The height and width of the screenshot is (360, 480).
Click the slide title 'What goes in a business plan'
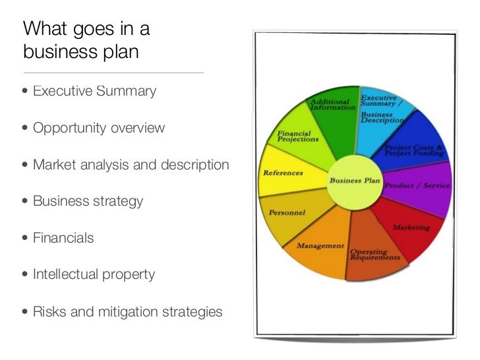(x=86, y=40)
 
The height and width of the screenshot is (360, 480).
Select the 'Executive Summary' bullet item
(x=95, y=91)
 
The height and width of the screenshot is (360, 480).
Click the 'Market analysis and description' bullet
(x=131, y=164)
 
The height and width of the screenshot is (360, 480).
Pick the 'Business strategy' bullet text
(x=88, y=201)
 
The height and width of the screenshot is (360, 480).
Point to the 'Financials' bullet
(x=63, y=237)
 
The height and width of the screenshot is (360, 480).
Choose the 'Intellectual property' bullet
(x=94, y=274)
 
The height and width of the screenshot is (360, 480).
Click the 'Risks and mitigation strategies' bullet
(x=127, y=311)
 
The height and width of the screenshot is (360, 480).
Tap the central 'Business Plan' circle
(x=354, y=180)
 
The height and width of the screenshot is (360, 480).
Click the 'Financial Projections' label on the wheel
(x=297, y=136)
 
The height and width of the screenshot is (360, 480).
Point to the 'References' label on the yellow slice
(x=283, y=173)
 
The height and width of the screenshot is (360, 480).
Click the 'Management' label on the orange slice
(x=320, y=246)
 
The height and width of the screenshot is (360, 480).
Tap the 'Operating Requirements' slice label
(x=375, y=255)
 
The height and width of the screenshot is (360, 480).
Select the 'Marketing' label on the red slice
(x=411, y=227)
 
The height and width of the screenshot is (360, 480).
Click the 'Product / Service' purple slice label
(x=417, y=186)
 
